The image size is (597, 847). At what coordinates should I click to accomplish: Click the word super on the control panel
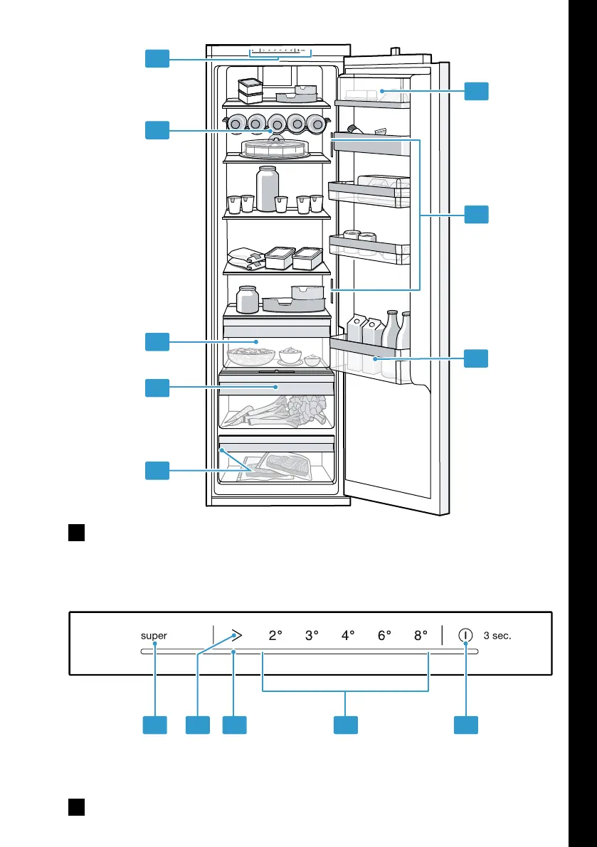click(154, 636)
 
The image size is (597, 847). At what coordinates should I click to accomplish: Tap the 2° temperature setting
click(275, 635)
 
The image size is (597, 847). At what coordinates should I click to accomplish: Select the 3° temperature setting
click(312, 635)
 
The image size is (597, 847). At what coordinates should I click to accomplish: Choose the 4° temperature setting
click(348, 635)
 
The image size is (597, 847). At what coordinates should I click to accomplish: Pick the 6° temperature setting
click(384, 635)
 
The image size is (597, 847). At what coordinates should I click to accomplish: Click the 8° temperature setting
click(421, 635)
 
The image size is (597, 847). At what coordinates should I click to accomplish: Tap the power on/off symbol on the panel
click(465, 635)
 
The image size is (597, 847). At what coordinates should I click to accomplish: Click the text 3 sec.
click(497, 636)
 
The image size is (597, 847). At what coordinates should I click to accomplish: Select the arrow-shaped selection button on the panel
click(236, 635)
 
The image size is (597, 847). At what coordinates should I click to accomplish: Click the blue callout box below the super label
click(154, 725)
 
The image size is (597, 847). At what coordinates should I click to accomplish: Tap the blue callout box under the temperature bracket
click(346, 725)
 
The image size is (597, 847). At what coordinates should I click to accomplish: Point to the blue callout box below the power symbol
click(465, 725)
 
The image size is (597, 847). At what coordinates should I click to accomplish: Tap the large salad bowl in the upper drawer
click(251, 356)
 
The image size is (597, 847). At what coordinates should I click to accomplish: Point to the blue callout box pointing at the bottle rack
click(157, 130)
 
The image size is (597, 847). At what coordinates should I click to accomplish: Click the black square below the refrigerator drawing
click(77, 532)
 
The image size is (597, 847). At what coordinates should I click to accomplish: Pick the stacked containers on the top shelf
click(250, 91)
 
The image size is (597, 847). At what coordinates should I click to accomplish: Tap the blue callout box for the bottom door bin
click(476, 358)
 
